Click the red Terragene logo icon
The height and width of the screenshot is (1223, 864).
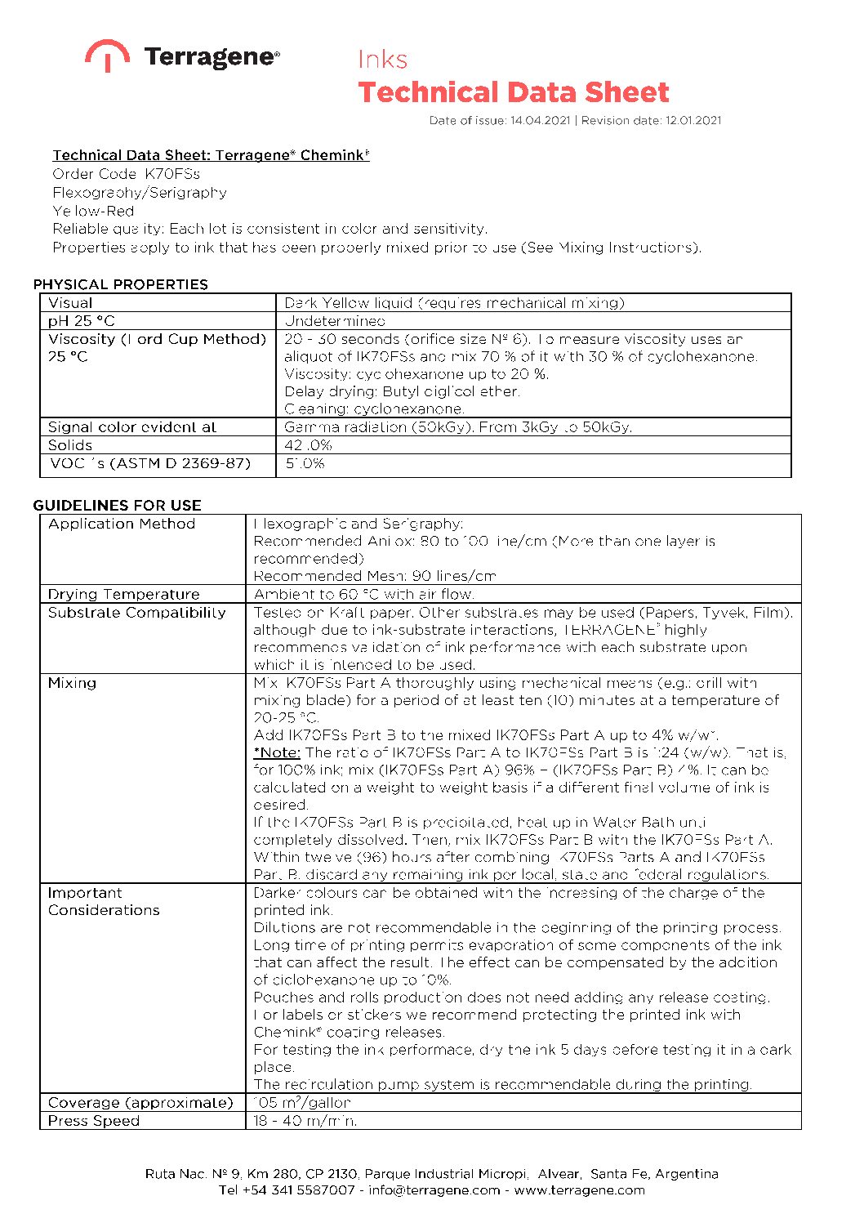pyautogui.click(x=107, y=55)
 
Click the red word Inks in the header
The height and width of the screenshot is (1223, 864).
pyautogui.click(x=382, y=60)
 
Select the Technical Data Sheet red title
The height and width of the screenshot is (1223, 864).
pyautogui.click(x=514, y=92)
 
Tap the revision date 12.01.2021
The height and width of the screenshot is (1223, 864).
pyautogui.click(x=693, y=121)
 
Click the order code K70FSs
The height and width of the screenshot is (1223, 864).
pyautogui.click(x=172, y=174)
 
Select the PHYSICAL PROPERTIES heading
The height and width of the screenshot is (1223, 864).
pyautogui.click(x=121, y=284)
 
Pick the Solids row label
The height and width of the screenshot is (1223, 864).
pyautogui.click(x=70, y=445)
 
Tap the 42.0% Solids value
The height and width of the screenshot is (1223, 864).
pyautogui.click(x=309, y=445)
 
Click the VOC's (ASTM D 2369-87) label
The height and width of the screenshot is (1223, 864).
pyautogui.click(x=150, y=463)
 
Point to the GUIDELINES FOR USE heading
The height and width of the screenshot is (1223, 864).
pyautogui.click(x=118, y=505)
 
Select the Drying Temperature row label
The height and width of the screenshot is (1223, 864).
pyautogui.click(x=123, y=594)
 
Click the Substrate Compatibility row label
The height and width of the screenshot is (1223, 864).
pyautogui.click(x=136, y=612)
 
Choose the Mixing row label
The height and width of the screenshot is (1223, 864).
pyautogui.click(x=72, y=683)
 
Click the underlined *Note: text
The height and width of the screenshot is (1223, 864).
pyautogui.click(x=277, y=752)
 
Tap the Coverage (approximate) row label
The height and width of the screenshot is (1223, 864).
pyautogui.click(x=140, y=1102)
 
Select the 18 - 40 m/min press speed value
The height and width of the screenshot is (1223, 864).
pyautogui.click(x=305, y=1121)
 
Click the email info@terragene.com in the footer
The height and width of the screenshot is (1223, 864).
pyautogui.click(x=434, y=1190)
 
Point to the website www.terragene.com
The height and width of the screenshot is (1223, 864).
pyautogui.click(x=579, y=1190)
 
